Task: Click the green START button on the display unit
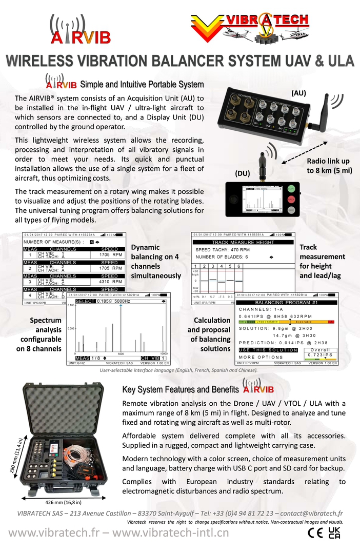click(291, 189)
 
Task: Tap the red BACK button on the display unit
click(291, 199)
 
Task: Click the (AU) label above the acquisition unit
click(298, 93)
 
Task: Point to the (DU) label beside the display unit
click(242, 173)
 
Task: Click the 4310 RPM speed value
click(110, 282)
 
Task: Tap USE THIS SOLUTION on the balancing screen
click(268, 350)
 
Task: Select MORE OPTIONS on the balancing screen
click(261, 357)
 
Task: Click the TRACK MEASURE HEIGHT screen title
click(243, 242)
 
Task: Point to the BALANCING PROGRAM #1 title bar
click(287, 303)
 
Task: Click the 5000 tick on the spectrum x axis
click(121, 354)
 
